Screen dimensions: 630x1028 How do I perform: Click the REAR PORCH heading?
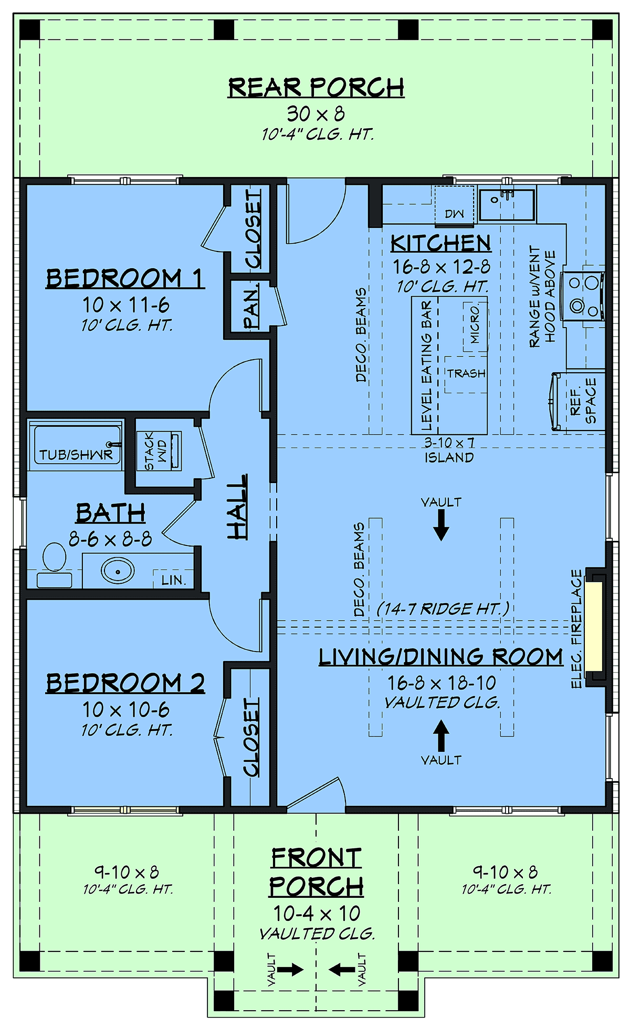coord(316,87)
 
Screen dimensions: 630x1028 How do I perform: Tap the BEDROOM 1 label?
coord(125,278)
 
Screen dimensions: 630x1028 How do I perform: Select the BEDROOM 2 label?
coord(125,683)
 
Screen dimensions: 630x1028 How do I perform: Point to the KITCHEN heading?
coord(441,243)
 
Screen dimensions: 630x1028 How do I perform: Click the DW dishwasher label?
coord(455,214)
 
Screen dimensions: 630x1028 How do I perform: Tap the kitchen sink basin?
coord(507,205)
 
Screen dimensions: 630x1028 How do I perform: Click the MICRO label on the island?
coord(475,324)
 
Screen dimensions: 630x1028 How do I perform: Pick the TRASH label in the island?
coord(466,374)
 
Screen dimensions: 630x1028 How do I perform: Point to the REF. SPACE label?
coord(583,401)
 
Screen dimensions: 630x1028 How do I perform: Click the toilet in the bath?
coord(54,565)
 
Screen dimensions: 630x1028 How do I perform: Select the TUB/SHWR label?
coord(76,455)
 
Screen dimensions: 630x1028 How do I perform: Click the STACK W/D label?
coord(155,451)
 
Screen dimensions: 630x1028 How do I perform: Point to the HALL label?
coord(237,507)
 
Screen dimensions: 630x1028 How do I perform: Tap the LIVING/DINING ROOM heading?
coord(441,657)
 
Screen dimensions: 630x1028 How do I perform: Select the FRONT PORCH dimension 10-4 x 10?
coord(317,914)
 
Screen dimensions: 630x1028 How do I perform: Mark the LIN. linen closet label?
coord(174,580)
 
